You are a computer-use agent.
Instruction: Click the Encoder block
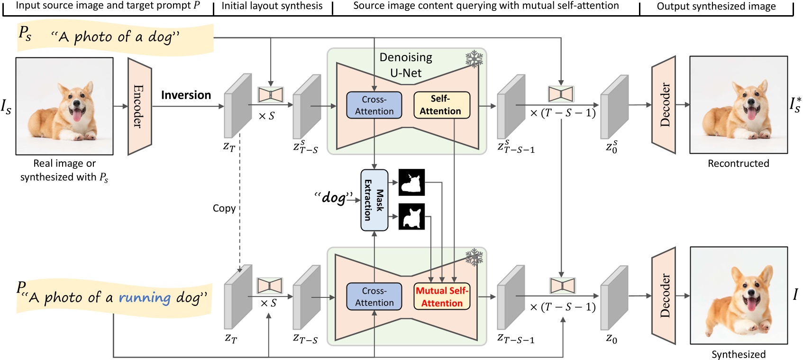pyautogui.click(x=139, y=106)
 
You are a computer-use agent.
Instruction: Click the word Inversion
pyautogui.click(x=186, y=95)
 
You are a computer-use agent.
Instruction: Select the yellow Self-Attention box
pyautogui.click(x=441, y=105)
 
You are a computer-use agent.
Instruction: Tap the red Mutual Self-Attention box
pyautogui.click(x=441, y=297)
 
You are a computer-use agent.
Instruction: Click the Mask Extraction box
pyautogui.click(x=374, y=200)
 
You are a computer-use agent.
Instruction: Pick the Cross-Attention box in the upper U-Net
pyautogui.click(x=374, y=105)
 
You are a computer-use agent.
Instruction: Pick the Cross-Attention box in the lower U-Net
pyautogui.click(x=374, y=297)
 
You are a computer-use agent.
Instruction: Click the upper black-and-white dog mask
pyautogui.click(x=411, y=183)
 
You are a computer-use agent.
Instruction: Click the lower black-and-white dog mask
pyautogui.click(x=411, y=217)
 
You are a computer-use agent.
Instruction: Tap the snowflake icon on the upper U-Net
pyautogui.click(x=474, y=59)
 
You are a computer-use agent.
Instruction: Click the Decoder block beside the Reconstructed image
pyautogui.click(x=664, y=105)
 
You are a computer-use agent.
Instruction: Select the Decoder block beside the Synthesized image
pyautogui.click(x=664, y=295)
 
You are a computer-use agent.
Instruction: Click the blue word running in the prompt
pyautogui.click(x=144, y=298)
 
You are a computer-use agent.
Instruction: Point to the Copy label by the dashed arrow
pyautogui.click(x=224, y=209)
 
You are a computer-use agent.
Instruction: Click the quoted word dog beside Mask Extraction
pyautogui.click(x=334, y=197)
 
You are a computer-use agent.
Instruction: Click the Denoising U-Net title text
pyautogui.click(x=406, y=65)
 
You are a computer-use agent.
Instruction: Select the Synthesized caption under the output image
pyautogui.click(x=738, y=354)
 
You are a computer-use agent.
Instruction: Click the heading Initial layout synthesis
pyautogui.click(x=272, y=6)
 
